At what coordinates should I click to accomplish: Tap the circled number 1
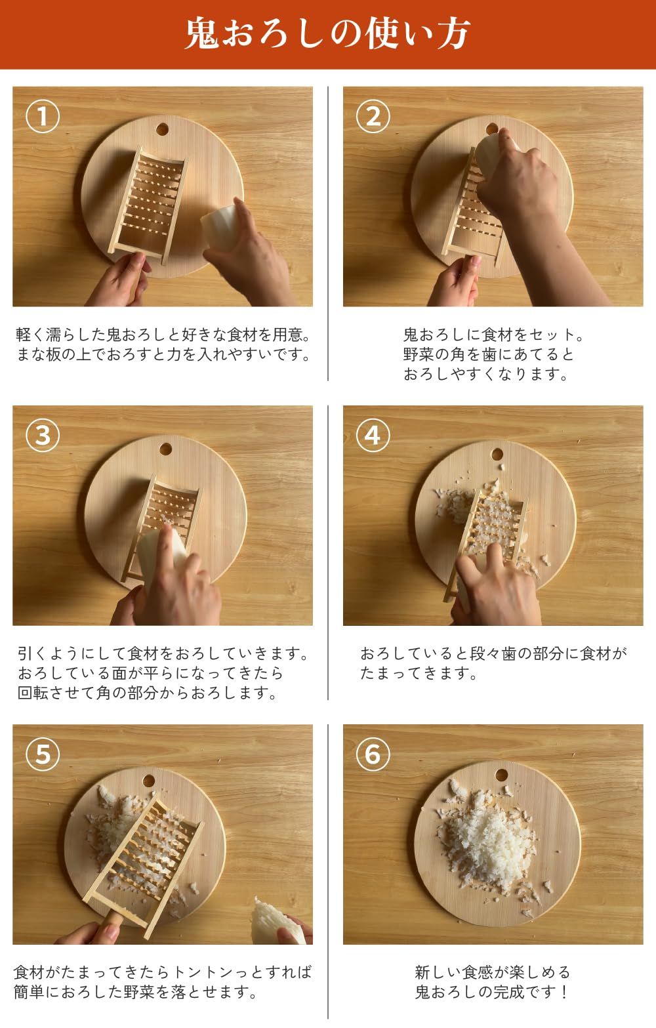tap(43, 117)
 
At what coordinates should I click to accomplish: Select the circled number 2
tap(373, 117)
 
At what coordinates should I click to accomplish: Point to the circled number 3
tap(43, 436)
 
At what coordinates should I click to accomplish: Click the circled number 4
tap(373, 436)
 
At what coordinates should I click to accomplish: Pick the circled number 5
tap(43, 754)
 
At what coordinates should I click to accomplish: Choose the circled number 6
tap(373, 754)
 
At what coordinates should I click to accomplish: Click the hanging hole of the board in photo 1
tap(162, 129)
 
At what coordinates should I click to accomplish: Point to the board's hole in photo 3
tap(165, 449)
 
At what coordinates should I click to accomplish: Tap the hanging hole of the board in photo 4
tap(497, 455)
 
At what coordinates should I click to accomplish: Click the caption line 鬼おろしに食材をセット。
tap(493, 335)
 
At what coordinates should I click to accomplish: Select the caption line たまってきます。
tap(419, 673)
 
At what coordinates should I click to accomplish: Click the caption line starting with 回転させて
tap(148, 693)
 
